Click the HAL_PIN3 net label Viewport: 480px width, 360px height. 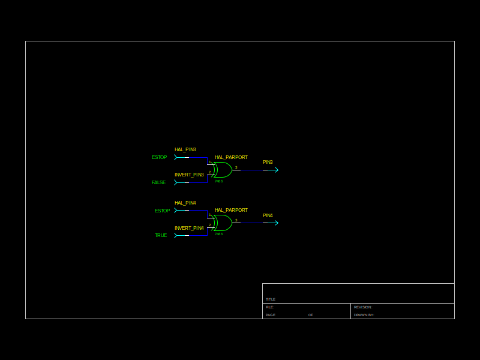click(x=185, y=149)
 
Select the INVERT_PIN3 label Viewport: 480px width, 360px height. click(x=189, y=175)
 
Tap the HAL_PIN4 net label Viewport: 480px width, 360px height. click(x=185, y=203)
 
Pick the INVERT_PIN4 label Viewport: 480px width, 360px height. click(x=189, y=228)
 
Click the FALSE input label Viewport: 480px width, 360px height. click(x=158, y=182)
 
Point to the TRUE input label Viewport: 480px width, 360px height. click(x=161, y=235)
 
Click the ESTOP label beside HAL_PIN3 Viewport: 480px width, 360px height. click(x=159, y=157)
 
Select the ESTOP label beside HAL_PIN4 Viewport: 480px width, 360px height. click(x=162, y=211)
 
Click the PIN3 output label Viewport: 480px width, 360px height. click(x=268, y=162)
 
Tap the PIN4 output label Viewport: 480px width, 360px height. click(x=268, y=215)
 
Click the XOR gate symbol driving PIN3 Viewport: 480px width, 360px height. click(x=223, y=170)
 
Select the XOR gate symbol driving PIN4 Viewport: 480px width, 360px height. click(x=223, y=223)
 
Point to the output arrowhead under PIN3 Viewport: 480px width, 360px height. click(x=276, y=170)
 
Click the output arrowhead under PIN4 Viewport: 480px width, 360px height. click(x=276, y=223)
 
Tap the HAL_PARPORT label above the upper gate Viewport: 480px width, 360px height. click(x=231, y=157)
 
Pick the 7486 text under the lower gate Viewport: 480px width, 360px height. click(x=218, y=234)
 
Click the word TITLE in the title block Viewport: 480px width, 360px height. click(x=271, y=299)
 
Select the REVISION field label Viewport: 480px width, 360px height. click(x=362, y=307)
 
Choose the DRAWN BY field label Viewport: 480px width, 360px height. click(x=364, y=315)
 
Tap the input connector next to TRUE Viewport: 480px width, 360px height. click(x=176, y=235)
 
